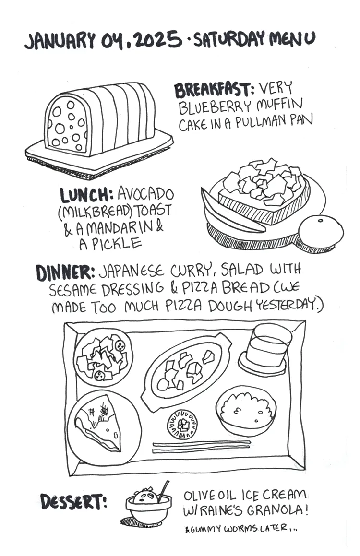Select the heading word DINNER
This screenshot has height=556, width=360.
(x=65, y=272)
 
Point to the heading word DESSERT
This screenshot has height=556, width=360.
(x=73, y=501)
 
